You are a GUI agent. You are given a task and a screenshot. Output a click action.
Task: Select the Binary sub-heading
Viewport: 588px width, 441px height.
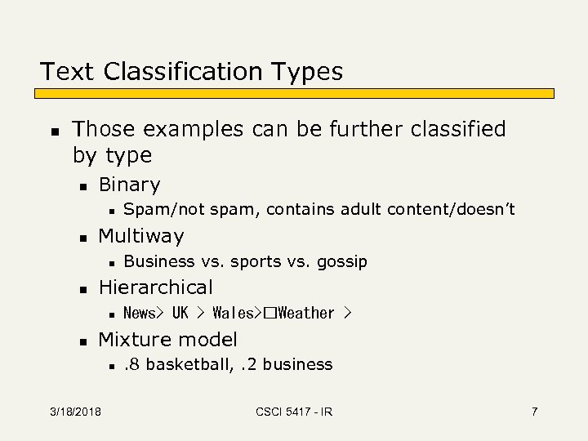[129, 185]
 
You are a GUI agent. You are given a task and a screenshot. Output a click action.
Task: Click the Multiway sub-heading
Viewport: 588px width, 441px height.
[141, 237]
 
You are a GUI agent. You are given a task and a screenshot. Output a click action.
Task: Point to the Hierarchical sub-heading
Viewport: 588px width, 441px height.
[155, 287]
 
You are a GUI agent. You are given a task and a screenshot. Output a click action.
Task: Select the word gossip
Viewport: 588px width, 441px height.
[341, 261]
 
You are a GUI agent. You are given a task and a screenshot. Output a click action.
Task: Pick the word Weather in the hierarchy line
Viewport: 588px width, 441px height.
[305, 313]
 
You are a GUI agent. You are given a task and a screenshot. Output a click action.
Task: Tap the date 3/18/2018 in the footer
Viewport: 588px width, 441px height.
[74, 412]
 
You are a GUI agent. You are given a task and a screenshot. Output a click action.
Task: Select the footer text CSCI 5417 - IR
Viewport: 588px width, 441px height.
[294, 412]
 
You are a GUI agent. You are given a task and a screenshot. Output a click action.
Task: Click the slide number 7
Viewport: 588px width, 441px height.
[534, 412]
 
